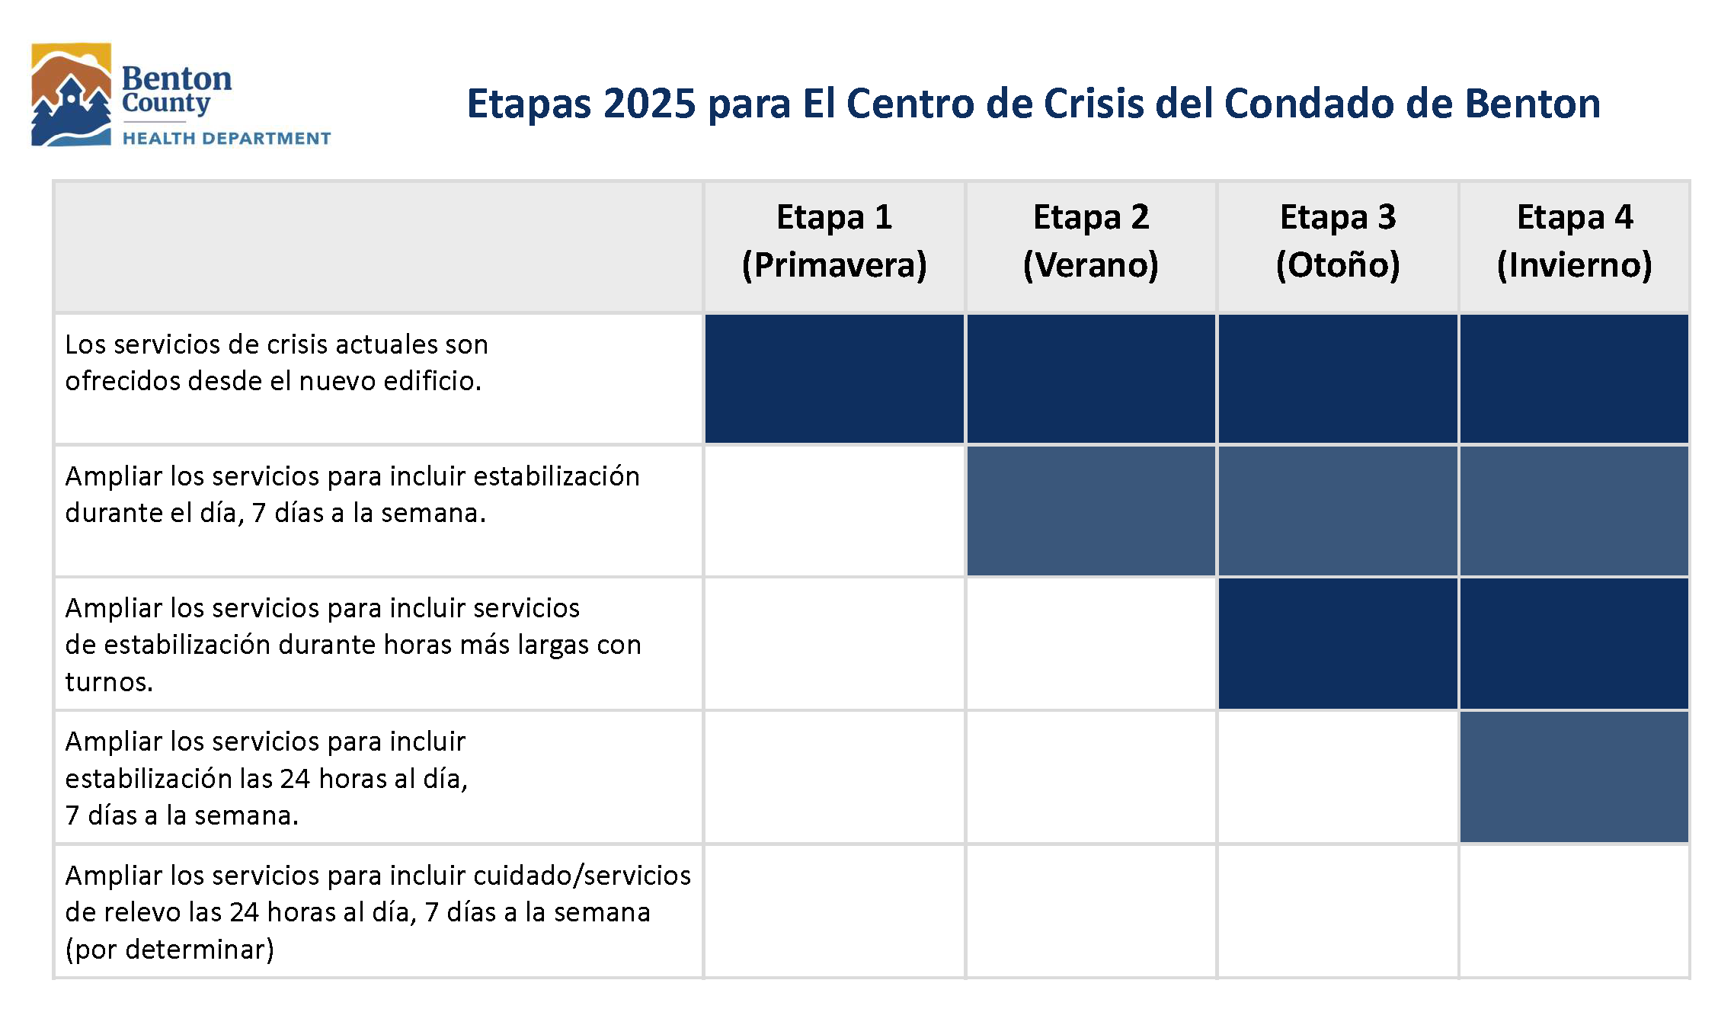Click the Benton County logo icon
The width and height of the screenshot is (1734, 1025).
[x=71, y=94]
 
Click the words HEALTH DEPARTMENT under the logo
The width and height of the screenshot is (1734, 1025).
[x=226, y=139]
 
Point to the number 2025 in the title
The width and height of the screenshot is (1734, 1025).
[x=649, y=104]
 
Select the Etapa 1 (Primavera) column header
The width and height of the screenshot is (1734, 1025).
[x=834, y=241]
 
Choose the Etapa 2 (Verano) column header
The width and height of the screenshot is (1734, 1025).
[x=1090, y=241]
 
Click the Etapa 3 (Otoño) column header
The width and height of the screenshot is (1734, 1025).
[x=1338, y=241]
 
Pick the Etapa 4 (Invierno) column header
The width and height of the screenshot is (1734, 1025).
[x=1574, y=241]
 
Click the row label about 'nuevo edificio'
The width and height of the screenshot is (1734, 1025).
[x=276, y=363]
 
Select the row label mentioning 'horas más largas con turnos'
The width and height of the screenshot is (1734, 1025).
[x=353, y=645]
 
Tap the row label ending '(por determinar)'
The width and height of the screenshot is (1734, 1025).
[x=377, y=912]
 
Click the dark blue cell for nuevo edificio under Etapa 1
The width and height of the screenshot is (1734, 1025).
[x=834, y=379]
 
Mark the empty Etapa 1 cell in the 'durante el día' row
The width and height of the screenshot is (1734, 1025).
[x=834, y=511]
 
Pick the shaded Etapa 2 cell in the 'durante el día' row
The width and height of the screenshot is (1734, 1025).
[x=1090, y=511]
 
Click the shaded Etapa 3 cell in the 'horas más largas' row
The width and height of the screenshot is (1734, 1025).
[x=1338, y=644]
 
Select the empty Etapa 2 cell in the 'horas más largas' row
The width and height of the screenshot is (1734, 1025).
[x=1090, y=644]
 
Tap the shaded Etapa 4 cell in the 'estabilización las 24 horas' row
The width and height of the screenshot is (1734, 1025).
[x=1574, y=777]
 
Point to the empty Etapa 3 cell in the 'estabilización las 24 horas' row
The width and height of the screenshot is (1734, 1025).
[x=1338, y=777]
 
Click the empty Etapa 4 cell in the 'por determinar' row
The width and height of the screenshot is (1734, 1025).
[x=1574, y=911]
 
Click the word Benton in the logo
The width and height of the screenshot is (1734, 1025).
[x=177, y=78]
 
